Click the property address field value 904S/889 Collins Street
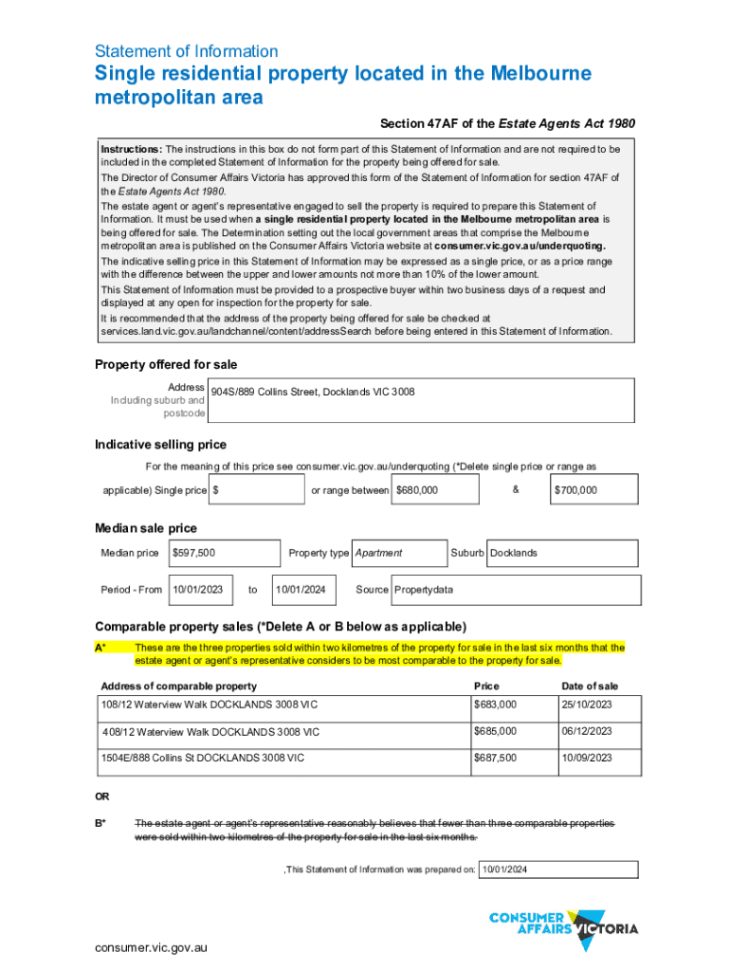click(312, 392)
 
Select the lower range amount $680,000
click(417, 490)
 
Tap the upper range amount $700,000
click(575, 490)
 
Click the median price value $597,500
click(193, 553)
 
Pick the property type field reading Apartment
click(378, 553)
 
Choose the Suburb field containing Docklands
click(513, 553)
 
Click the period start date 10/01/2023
click(197, 590)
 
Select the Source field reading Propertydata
click(424, 590)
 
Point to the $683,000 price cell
click(496, 705)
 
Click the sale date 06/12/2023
click(587, 731)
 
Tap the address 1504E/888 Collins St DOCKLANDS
click(203, 758)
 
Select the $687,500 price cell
click(496, 758)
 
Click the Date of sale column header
click(590, 686)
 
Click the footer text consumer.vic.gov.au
click(151, 947)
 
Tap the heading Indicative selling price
click(160, 445)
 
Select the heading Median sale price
click(146, 528)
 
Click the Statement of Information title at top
click(187, 51)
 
